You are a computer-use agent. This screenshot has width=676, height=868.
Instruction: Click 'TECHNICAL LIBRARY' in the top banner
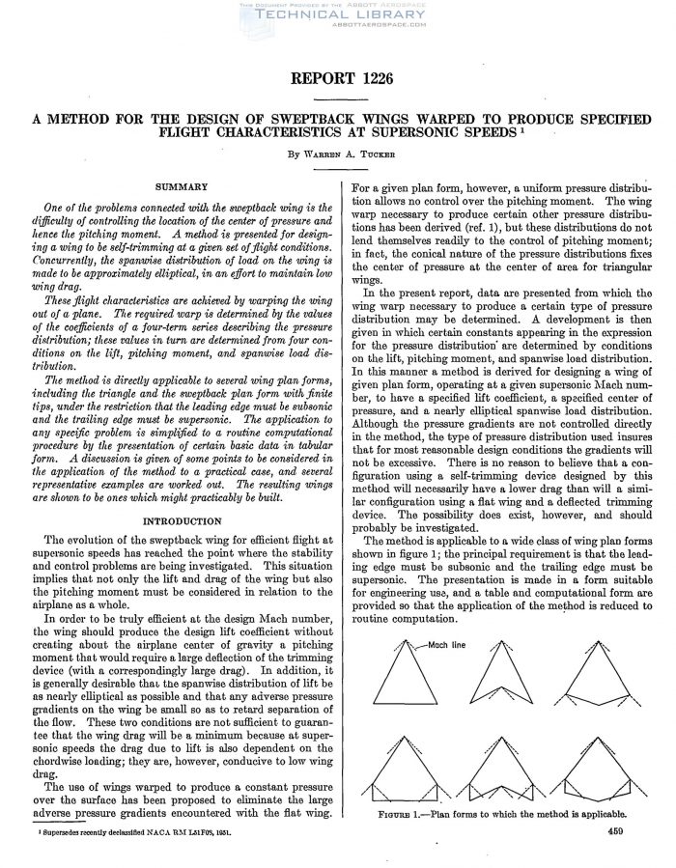pyautogui.click(x=338, y=15)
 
